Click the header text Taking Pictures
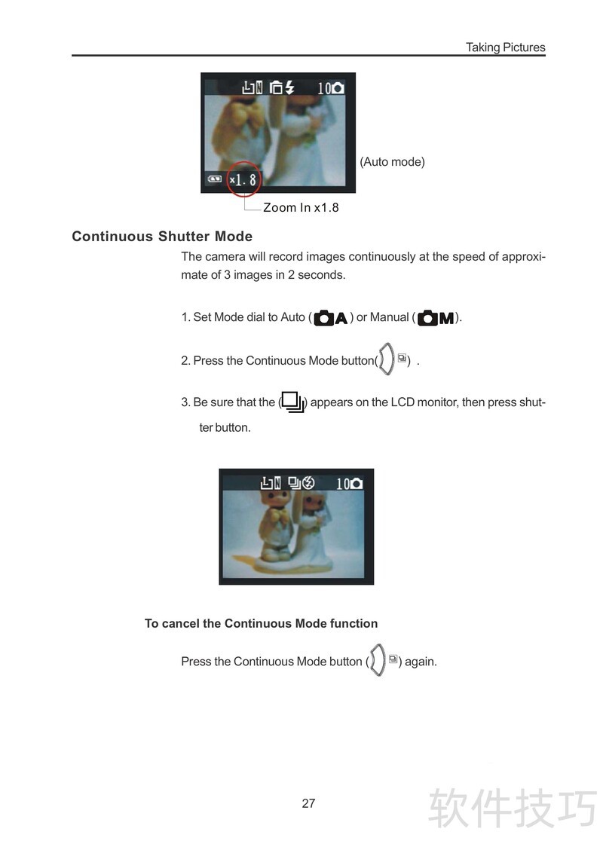[505, 47]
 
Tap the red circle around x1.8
[243, 179]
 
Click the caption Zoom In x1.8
[301, 207]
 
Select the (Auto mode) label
[392, 161]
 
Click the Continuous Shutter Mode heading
[162, 237]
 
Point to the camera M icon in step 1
[436, 318]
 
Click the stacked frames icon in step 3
[292, 402]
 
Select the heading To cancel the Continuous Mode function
[261, 623]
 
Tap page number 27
[308, 803]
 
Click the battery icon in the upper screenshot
[214, 179]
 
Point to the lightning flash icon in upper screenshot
[290, 87]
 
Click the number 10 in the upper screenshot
[324, 88]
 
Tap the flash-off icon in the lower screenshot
[308, 483]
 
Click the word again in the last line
[421, 662]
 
